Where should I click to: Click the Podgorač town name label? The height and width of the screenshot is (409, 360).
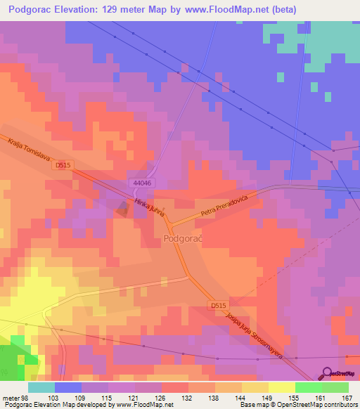click(x=183, y=239)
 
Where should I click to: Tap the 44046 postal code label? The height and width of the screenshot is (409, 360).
click(x=142, y=183)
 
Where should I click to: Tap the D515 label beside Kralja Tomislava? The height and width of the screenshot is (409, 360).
click(x=63, y=165)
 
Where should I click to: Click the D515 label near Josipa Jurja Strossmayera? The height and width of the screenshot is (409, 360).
click(x=219, y=306)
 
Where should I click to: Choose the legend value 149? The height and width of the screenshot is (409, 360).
click(x=255, y=398)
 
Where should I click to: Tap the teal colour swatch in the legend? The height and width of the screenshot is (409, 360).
click(x=41, y=387)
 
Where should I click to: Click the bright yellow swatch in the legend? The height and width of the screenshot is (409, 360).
click(x=281, y=387)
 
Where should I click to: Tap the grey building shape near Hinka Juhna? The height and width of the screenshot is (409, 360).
click(x=123, y=208)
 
